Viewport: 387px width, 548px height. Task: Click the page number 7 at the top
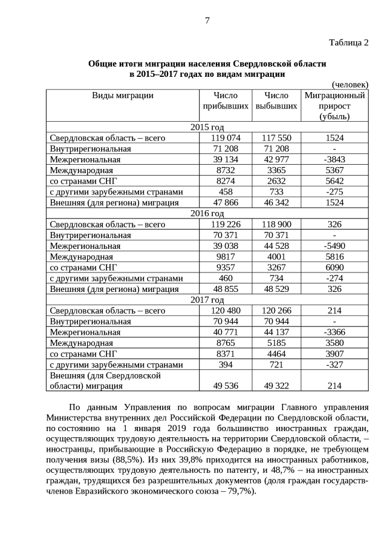207,21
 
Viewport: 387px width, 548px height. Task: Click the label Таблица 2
348,42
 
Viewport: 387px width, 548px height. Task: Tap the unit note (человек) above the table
350,85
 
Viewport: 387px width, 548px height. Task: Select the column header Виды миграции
123,96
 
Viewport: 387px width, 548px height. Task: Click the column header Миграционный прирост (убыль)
334,106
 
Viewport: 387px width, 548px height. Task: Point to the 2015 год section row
207,127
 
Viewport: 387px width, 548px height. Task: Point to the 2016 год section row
207,214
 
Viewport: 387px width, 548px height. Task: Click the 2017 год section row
207,300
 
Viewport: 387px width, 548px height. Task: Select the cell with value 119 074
225,138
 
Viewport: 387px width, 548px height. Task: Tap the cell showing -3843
334,160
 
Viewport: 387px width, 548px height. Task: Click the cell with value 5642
334,181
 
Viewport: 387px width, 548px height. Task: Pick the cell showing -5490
334,246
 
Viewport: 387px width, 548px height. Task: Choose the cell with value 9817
225,257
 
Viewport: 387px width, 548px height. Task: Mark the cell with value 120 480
225,311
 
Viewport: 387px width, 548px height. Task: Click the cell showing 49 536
225,386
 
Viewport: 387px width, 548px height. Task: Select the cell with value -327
334,365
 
